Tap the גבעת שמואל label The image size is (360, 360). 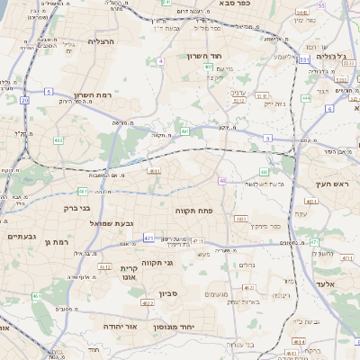tap(113, 222)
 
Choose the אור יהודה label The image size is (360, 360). tap(120, 326)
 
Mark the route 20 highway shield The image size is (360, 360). tap(24, 101)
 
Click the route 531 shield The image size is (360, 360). tap(304, 59)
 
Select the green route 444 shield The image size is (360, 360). tap(306, 97)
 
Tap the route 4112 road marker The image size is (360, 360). tap(104, 267)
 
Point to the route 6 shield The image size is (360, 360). tap(328, 108)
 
